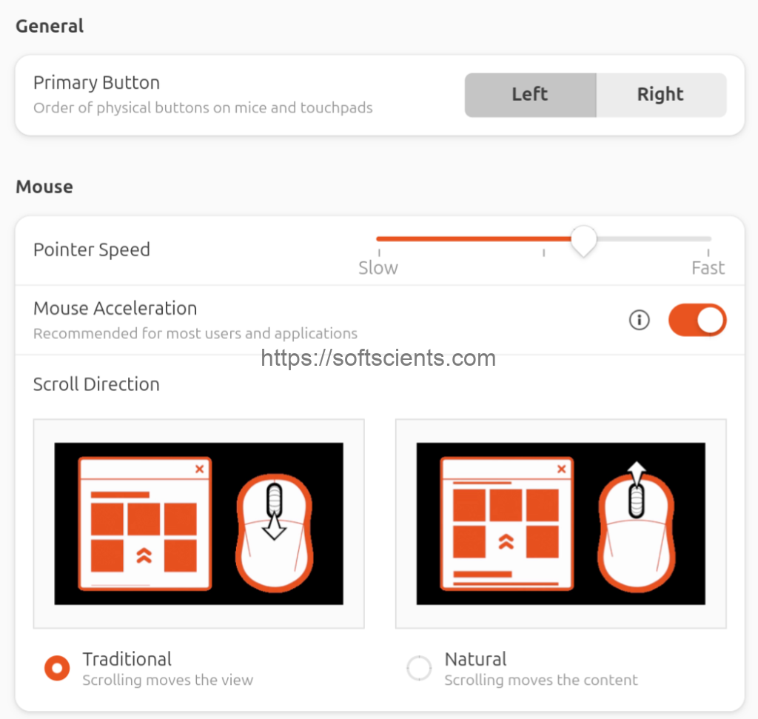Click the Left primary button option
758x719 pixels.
tap(530, 95)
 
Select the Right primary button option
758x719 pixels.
tap(661, 95)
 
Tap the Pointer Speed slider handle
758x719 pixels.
tap(583, 241)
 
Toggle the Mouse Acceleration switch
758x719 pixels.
tap(697, 320)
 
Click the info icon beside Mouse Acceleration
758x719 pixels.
tap(639, 320)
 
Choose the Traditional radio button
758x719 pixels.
tap(57, 668)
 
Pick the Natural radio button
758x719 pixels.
tap(419, 668)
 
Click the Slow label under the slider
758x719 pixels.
tap(378, 268)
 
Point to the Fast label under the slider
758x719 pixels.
tap(708, 268)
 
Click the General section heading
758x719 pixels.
tap(50, 26)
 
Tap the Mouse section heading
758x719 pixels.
tap(44, 187)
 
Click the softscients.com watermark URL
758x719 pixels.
tap(378, 358)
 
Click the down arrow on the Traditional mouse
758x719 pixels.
tap(274, 526)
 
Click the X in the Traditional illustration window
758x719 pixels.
tap(200, 469)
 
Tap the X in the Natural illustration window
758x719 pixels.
tap(562, 469)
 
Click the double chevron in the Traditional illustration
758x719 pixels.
tap(144, 555)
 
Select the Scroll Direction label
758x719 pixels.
tap(96, 384)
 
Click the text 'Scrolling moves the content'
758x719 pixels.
tap(541, 680)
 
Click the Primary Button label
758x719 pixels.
tap(97, 83)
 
